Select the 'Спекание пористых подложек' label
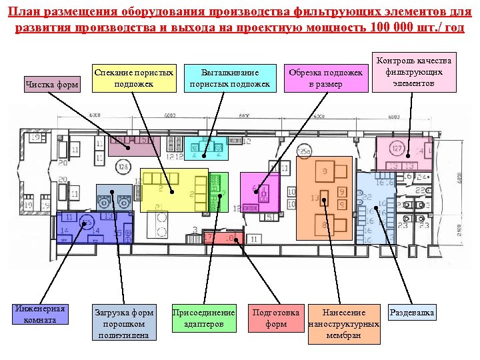coord(134,77)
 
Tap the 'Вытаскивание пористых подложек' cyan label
coord(230,77)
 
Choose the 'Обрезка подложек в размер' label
coord(326,77)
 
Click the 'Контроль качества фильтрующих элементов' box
coord(414,71)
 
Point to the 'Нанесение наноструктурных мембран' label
coord(344,323)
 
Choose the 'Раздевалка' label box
coord(412,312)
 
